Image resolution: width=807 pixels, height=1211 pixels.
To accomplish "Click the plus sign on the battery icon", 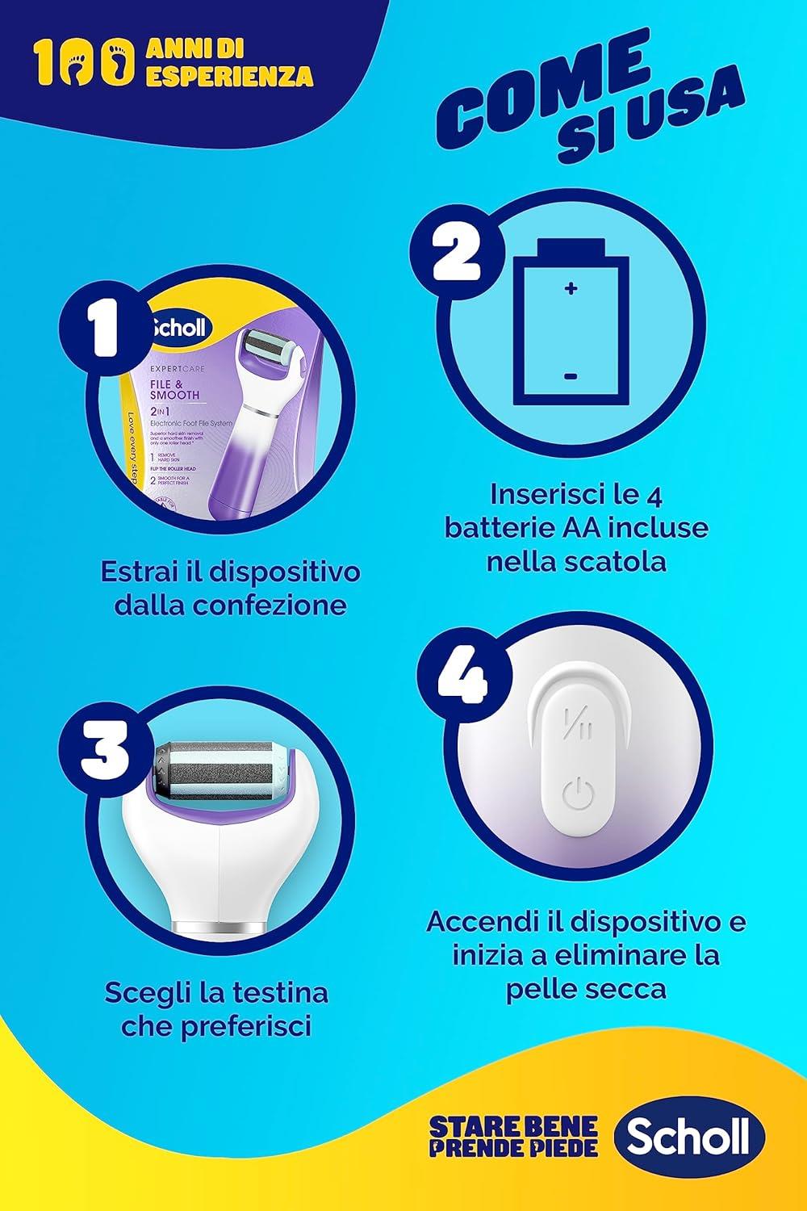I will (x=571, y=287).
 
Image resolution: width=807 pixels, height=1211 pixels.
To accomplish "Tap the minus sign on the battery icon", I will (x=571, y=376).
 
